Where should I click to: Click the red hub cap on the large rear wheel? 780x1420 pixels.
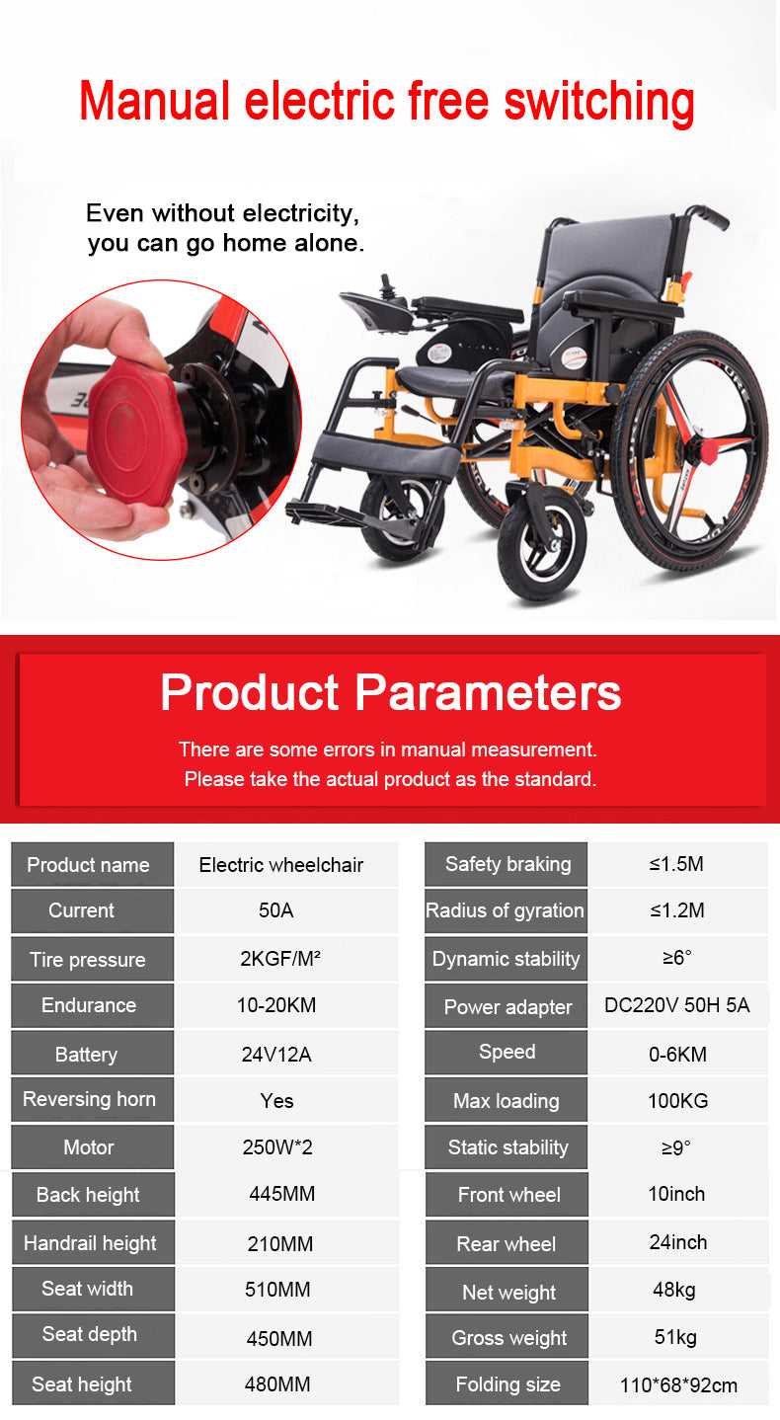point(710,449)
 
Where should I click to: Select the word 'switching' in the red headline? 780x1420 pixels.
point(598,102)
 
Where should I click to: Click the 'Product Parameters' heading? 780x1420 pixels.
point(390,691)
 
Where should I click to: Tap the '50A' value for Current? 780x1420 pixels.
point(275,910)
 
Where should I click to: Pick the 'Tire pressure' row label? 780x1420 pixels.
point(88,960)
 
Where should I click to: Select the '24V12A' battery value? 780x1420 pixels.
point(276,1055)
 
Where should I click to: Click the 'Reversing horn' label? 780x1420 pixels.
point(89,1099)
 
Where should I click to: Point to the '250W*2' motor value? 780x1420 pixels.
point(277,1147)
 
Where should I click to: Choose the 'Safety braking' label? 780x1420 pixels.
point(508,864)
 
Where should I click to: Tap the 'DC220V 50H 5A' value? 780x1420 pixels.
point(676,1005)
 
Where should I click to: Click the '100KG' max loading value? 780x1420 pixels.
point(678,1100)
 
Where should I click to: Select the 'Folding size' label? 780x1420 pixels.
point(508,1384)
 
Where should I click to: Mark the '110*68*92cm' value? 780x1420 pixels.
point(678,1385)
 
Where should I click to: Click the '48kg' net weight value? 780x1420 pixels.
point(674,1290)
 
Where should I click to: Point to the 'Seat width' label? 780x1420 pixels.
point(88,1288)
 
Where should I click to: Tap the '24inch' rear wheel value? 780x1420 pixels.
point(678,1242)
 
